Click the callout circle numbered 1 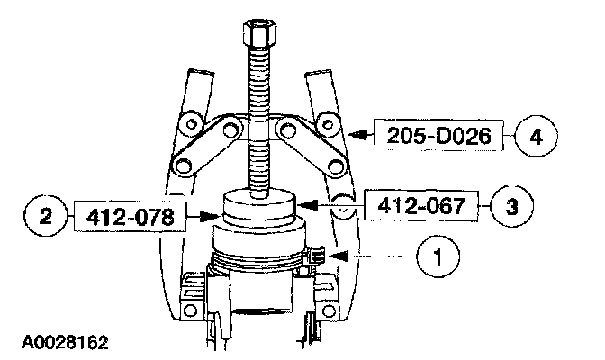tap(438, 256)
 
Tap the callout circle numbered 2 tap(46, 216)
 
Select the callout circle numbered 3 tap(511, 206)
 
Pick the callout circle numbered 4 tap(537, 136)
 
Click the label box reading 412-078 tap(130, 217)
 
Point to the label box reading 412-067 tap(421, 206)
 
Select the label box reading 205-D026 tap(438, 135)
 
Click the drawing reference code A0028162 tap(65, 342)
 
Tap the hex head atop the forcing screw tap(259, 33)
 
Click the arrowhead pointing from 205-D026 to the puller tap(357, 135)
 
